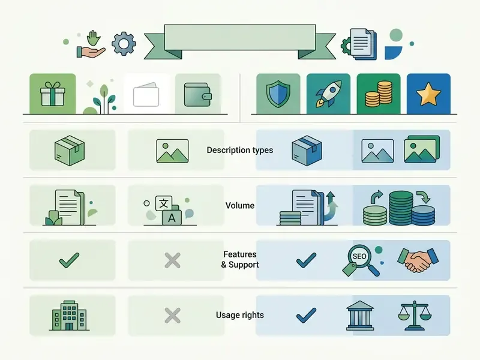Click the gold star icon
pos(428,94)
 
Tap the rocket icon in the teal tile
pos(328,94)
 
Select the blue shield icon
pos(278,94)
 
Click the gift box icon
pos(53,94)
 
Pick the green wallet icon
pos(198,95)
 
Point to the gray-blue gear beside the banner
pos(124,44)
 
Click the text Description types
pos(239,150)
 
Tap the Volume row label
pos(239,205)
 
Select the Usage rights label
pos(239,315)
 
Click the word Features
pos(239,254)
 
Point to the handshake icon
pos(418,260)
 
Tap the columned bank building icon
pos(360,316)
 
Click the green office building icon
pos(69,316)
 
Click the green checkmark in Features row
pos(69,260)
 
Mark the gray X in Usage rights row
pos(172,316)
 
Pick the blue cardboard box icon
pos(307,151)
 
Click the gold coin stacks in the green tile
pos(379,94)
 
